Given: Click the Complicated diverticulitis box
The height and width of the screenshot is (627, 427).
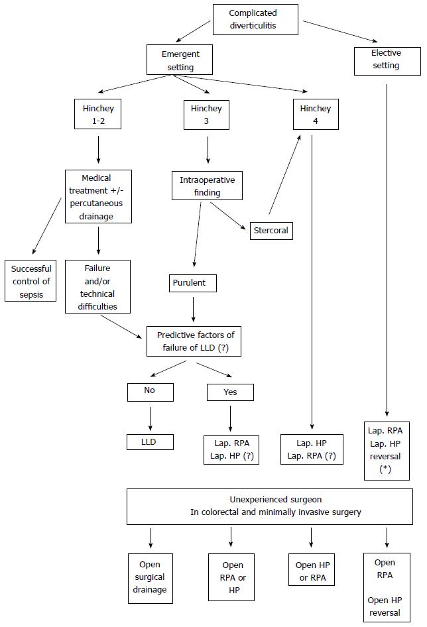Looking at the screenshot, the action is [255, 19].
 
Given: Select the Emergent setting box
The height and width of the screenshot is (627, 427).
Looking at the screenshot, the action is [180, 60].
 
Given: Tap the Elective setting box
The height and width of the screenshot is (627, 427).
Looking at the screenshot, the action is [387, 61].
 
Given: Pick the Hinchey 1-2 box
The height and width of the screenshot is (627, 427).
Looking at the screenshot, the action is [97, 114].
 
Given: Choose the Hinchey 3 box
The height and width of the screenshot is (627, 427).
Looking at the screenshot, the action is [206, 115].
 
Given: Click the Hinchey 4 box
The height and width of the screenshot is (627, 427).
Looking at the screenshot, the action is [316, 115].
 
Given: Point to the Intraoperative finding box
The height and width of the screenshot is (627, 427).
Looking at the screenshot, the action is [207, 186].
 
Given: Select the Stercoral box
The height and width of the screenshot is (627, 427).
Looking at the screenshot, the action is [271, 231].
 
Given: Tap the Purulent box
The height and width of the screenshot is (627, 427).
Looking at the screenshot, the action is [193, 283].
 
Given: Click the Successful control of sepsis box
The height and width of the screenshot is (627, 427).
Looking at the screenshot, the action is [30, 281].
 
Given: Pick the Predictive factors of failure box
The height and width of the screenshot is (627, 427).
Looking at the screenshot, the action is [194, 341].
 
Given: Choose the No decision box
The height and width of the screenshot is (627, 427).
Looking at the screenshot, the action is [151, 392].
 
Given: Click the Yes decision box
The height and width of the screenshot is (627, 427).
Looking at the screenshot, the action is [230, 392].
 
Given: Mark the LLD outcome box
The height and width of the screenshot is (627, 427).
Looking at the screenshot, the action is [150, 442].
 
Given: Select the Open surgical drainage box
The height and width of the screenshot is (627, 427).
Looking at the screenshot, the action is [151, 578].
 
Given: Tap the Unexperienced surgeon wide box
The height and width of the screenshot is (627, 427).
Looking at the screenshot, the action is [270, 506].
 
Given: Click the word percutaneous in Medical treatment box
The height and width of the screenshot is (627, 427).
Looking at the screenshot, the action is [96, 203].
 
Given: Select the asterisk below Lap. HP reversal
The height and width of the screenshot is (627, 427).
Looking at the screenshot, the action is [385, 469].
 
